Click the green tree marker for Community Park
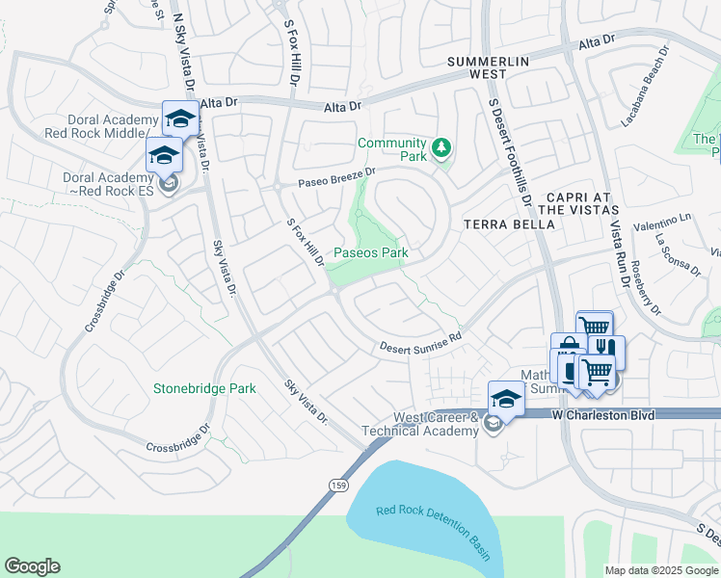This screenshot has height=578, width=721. (442, 147)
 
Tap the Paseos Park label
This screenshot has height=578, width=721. (371, 253)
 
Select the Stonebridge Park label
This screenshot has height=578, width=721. (204, 388)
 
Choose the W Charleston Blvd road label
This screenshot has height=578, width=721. (602, 414)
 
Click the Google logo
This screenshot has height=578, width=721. (32, 566)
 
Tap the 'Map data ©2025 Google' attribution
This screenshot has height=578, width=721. (661, 570)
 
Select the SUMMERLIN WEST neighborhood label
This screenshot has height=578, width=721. (489, 67)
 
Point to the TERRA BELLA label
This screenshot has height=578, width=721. (510, 223)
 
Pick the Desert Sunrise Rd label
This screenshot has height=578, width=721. (420, 342)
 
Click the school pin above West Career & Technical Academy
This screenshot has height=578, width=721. (506, 397)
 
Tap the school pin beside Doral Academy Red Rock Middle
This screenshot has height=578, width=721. (179, 118)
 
